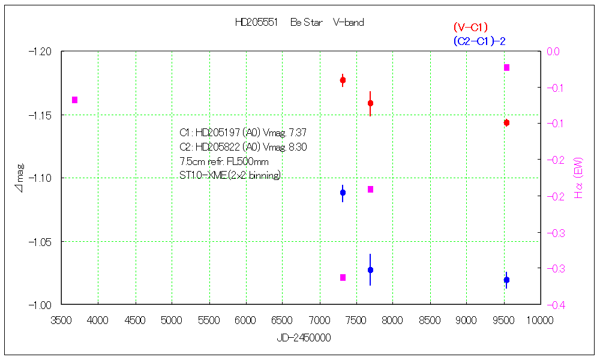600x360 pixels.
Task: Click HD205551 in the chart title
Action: (x=256, y=23)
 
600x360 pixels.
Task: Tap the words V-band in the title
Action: (x=348, y=23)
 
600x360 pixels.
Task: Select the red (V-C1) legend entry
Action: (x=470, y=27)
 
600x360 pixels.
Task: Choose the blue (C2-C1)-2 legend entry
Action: (x=484, y=41)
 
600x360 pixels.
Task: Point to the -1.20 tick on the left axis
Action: (x=41, y=52)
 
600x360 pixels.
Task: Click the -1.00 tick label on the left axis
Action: (x=41, y=305)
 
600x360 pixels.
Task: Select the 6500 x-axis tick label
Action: (x=282, y=320)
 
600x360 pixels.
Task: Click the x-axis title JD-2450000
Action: (x=304, y=338)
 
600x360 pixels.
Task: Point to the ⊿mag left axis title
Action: (x=19, y=178)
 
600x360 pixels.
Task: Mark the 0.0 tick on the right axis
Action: (x=552, y=52)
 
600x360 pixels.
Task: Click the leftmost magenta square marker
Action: (x=75, y=100)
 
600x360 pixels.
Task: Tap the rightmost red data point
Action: (x=506, y=122)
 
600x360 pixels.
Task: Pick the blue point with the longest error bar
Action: (x=370, y=270)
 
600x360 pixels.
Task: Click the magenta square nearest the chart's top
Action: (x=506, y=67)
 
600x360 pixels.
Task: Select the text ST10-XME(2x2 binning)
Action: (x=230, y=175)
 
